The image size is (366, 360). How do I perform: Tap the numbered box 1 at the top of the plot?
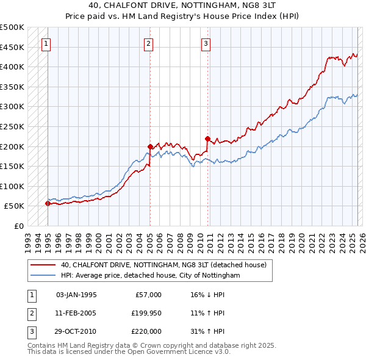pos(47,43)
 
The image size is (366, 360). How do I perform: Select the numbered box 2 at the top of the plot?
pos(149,43)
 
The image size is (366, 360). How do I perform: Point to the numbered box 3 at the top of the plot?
pos(206,43)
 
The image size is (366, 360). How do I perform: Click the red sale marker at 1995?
pos(48,204)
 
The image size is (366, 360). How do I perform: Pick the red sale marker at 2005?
pos(150,146)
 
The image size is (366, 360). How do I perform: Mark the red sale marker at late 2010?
pos(207,139)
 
